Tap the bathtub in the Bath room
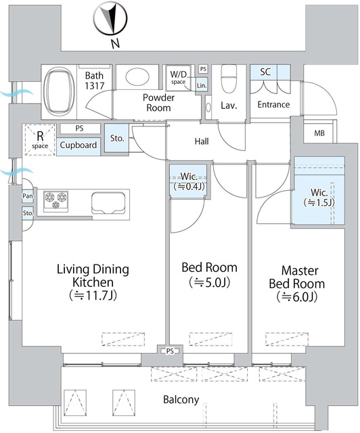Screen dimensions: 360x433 (x=59, y=91)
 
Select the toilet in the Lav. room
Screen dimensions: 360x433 (x=229, y=79)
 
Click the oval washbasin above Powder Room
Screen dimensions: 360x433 (x=137, y=76)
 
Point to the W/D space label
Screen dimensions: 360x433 (x=178, y=78)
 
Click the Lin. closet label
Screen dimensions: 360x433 (x=202, y=86)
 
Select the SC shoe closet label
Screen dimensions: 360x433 (x=265, y=72)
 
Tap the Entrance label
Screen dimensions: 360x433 (x=273, y=104)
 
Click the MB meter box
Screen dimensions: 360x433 (x=319, y=133)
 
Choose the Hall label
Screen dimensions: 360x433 (x=202, y=141)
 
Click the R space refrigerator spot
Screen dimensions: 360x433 (x=40, y=140)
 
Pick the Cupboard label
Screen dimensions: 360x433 (x=78, y=145)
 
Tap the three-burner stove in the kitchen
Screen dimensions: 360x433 (x=55, y=202)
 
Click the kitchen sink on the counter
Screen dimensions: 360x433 (x=108, y=203)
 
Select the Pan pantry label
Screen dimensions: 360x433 (x=28, y=196)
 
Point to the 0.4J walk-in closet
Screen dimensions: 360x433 (x=188, y=181)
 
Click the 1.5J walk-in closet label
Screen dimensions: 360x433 (x=319, y=197)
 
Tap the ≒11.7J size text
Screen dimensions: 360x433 (x=93, y=296)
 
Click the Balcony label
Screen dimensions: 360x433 (x=181, y=400)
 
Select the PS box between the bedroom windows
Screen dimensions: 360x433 (x=171, y=351)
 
